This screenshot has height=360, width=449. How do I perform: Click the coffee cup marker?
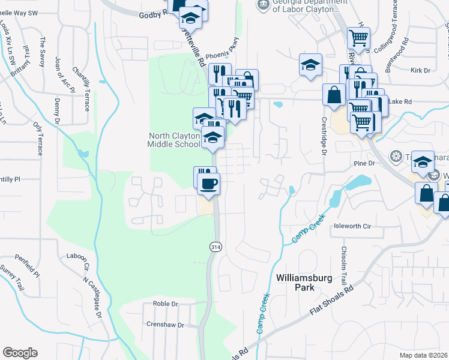pyautogui.click(x=208, y=184)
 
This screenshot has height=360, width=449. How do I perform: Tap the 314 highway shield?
pyautogui.click(x=214, y=247)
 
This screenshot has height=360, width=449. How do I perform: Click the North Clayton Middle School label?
pyautogui.click(x=173, y=140)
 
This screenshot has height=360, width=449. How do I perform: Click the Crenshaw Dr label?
pyautogui.click(x=164, y=325)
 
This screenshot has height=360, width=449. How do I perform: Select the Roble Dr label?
pyautogui.click(x=166, y=304)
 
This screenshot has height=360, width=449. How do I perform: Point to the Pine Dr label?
pyautogui.click(x=364, y=163)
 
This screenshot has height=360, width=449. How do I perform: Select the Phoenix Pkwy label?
pyautogui.click(x=222, y=56)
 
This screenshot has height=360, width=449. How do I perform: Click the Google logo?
pyautogui.click(x=20, y=353)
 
